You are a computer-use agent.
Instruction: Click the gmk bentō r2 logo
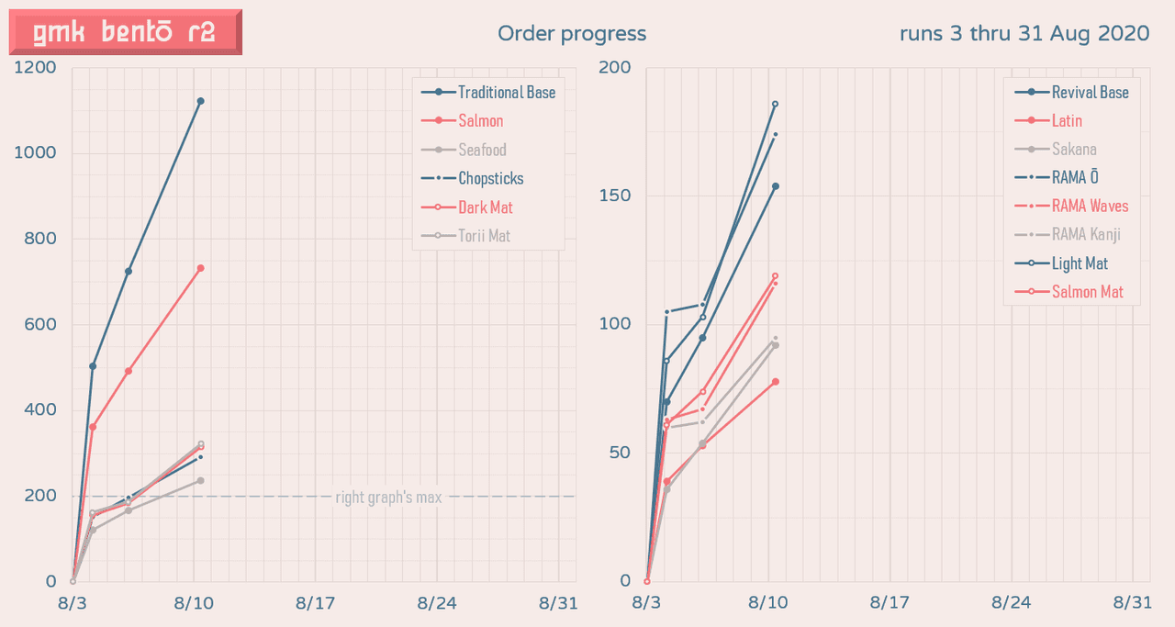[125, 32]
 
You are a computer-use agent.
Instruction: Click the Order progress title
[572, 34]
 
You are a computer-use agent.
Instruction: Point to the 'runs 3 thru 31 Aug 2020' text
[1024, 34]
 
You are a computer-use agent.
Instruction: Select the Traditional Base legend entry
[506, 92]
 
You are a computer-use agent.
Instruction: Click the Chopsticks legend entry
[490, 178]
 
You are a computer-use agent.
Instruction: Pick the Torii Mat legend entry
[484, 236]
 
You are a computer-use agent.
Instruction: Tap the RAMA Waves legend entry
[1090, 206]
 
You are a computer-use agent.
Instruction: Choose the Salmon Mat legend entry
[1088, 292]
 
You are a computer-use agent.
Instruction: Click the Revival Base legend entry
[1090, 92]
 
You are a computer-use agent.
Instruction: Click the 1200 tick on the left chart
[36, 68]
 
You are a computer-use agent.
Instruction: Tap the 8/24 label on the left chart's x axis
[437, 603]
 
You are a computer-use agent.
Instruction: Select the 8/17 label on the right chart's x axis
[889, 603]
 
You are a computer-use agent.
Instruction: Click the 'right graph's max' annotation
[388, 498]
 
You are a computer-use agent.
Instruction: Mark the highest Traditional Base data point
[200, 101]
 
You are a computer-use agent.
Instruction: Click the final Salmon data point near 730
[200, 268]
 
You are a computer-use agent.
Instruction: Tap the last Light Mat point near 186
[775, 104]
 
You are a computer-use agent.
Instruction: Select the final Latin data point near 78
[775, 381]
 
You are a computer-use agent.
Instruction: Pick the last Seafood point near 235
[200, 480]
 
